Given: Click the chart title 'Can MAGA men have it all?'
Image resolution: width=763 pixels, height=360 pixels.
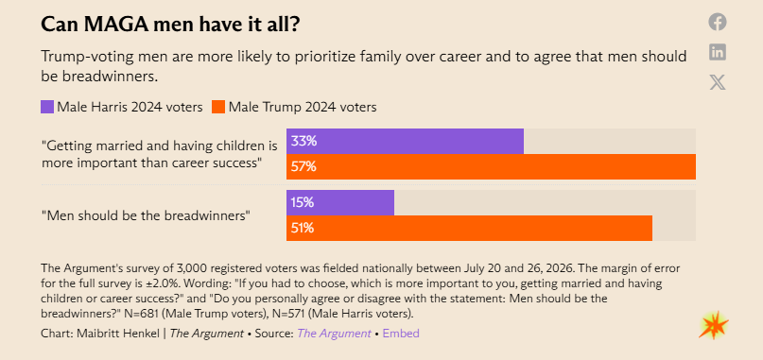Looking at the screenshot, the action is [x=170, y=25].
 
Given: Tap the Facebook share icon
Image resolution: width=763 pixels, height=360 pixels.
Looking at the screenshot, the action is [x=718, y=22].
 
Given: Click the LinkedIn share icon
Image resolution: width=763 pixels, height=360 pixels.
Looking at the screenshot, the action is [x=718, y=52].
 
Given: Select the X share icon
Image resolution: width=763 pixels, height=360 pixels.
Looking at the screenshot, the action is [x=718, y=82].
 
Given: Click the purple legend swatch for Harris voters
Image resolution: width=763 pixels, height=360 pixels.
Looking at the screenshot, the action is [x=47, y=107].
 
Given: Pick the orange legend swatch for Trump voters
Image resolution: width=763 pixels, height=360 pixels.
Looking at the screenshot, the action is [x=218, y=107].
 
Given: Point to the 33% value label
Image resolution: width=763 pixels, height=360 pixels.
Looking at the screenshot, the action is [x=303, y=141].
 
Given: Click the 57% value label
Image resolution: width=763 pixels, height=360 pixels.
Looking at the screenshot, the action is [x=303, y=167].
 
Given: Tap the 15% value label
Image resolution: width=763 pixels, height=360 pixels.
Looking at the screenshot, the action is [x=303, y=202].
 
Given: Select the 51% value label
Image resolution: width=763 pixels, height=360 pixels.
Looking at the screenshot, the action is [x=303, y=228].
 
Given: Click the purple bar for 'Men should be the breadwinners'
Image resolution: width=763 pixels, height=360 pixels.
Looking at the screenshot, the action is [x=340, y=202].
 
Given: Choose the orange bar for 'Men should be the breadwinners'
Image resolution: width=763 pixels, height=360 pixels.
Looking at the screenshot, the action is [x=469, y=228].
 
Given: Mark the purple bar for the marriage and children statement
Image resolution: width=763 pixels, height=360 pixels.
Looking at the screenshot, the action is [x=405, y=141].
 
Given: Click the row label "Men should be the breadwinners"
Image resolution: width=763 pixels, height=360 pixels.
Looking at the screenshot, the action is [x=146, y=215].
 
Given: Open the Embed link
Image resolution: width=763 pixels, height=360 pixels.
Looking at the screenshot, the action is [x=401, y=334].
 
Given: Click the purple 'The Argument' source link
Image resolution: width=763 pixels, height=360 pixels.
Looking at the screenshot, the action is [x=334, y=334].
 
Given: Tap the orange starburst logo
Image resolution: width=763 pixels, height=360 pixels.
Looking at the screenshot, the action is [x=714, y=325].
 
